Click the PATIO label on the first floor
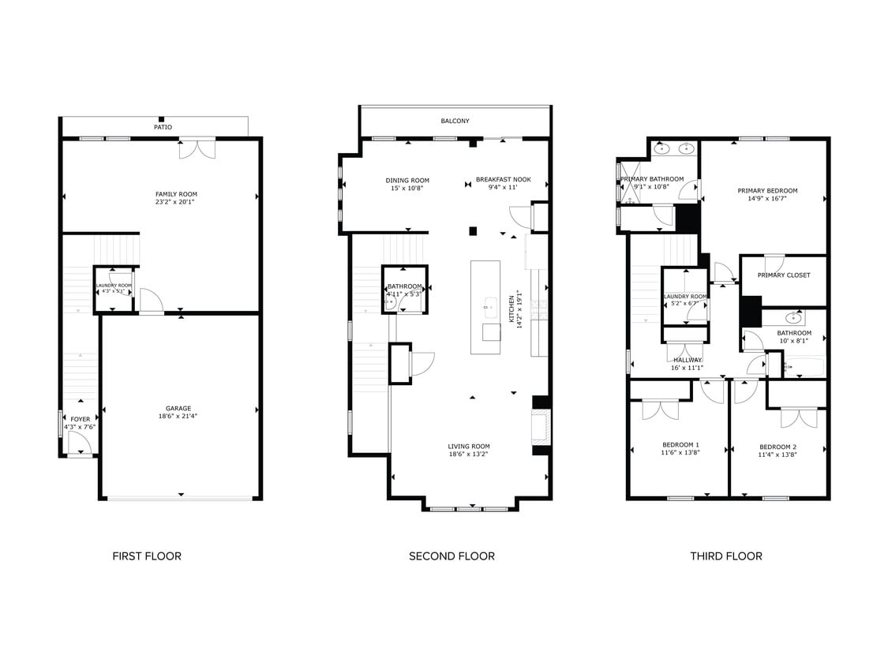click(x=163, y=127)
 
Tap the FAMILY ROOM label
click(x=176, y=194)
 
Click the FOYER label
click(x=80, y=419)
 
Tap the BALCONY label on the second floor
click(x=455, y=121)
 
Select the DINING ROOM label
click(x=407, y=180)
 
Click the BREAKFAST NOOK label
click(x=503, y=180)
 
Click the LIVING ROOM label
click(x=469, y=447)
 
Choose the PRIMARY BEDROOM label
click(x=767, y=190)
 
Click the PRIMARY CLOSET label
click(x=784, y=275)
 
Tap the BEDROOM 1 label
click(x=680, y=445)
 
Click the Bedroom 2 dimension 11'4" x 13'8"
click(x=777, y=455)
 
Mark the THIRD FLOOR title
click(x=726, y=556)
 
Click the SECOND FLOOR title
click(x=451, y=556)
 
